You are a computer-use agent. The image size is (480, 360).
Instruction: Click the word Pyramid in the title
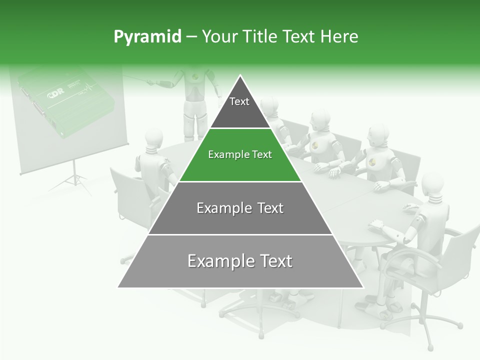coord(147,37)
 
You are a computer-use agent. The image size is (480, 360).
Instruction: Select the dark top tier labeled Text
coord(239,107)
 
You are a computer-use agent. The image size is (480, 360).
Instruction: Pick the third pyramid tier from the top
coord(240,208)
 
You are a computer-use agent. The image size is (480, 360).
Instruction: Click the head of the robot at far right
coord(433,185)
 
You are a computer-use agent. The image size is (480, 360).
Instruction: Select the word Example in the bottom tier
coord(215,261)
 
